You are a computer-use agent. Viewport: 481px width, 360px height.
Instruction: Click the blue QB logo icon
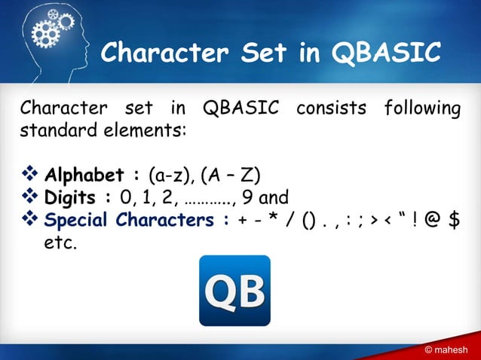(234, 290)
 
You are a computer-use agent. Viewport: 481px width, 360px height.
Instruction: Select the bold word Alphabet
(84, 176)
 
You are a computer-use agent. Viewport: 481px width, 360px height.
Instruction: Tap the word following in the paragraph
(421, 108)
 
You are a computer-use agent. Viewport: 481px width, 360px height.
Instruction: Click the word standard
(51, 129)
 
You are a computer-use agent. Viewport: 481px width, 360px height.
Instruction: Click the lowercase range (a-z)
(170, 176)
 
